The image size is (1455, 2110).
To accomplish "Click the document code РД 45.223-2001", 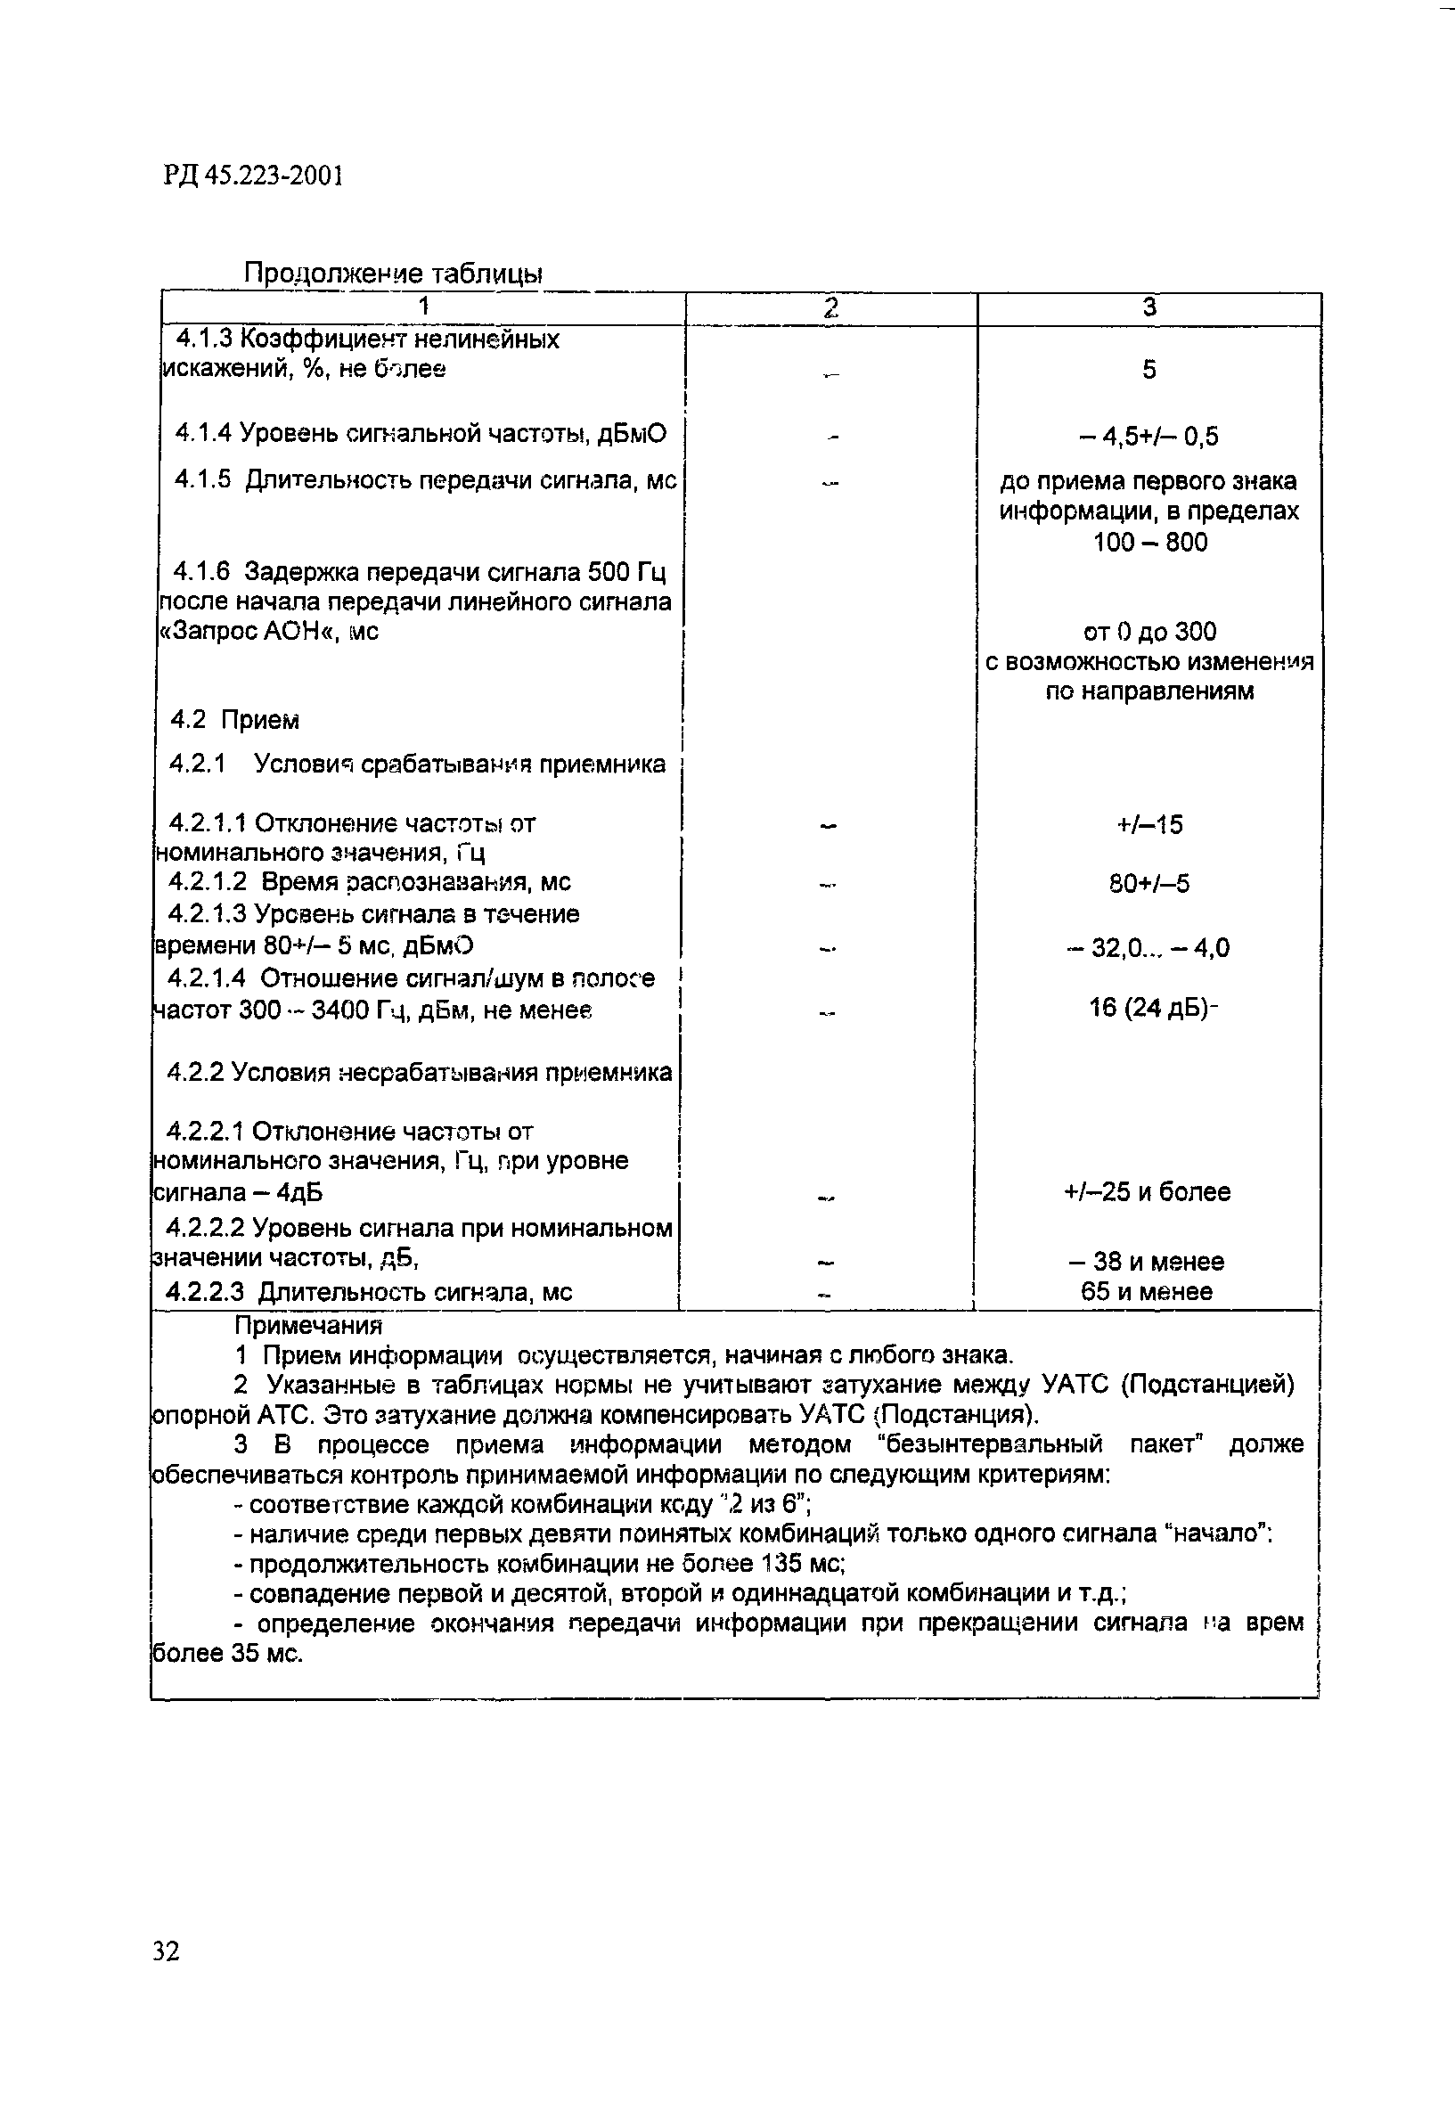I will tap(253, 174).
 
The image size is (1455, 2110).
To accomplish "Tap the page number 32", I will tap(167, 1951).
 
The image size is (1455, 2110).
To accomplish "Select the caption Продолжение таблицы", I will tap(393, 273).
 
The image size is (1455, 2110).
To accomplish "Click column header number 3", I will tap(1149, 307).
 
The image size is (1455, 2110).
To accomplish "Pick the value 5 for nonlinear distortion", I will tap(1149, 370).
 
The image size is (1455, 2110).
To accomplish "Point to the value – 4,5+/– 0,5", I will tap(1148, 437).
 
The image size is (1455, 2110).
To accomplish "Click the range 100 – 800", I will tap(1150, 543).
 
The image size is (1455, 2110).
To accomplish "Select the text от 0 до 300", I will tap(1148, 632).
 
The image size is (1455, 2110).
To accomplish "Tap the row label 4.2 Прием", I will tap(235, 720).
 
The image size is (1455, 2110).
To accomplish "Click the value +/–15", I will tap(1149, 825).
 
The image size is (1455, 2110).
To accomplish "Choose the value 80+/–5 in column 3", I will tap(1149, 883).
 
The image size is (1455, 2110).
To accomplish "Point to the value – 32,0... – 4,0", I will tap(1148, 949).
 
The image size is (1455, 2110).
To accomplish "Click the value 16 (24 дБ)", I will tap(1150, 1008).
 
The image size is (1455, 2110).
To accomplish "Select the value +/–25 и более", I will tap(1148, 1192).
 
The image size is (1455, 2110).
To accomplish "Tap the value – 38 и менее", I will tap(1147, 1262).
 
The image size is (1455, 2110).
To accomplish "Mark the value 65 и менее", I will tap(1147, 1291).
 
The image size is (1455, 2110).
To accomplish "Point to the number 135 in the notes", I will tap(783, 1564).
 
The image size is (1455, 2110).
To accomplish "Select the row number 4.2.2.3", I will tap(206, 1291).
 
